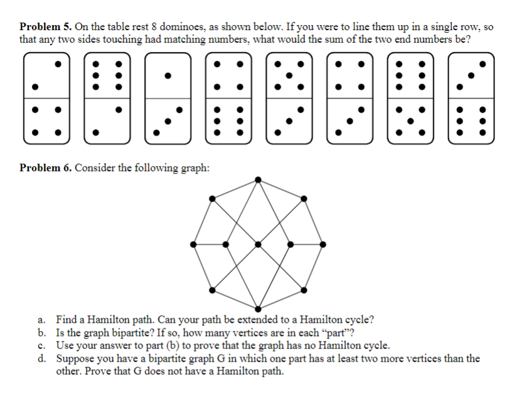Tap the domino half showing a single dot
(167, 76)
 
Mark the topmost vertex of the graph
(258, 180)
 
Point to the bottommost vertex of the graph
(258, 307)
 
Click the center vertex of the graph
(258, 243)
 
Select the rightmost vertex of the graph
(322, 243)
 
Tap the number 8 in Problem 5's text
(154, 28)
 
